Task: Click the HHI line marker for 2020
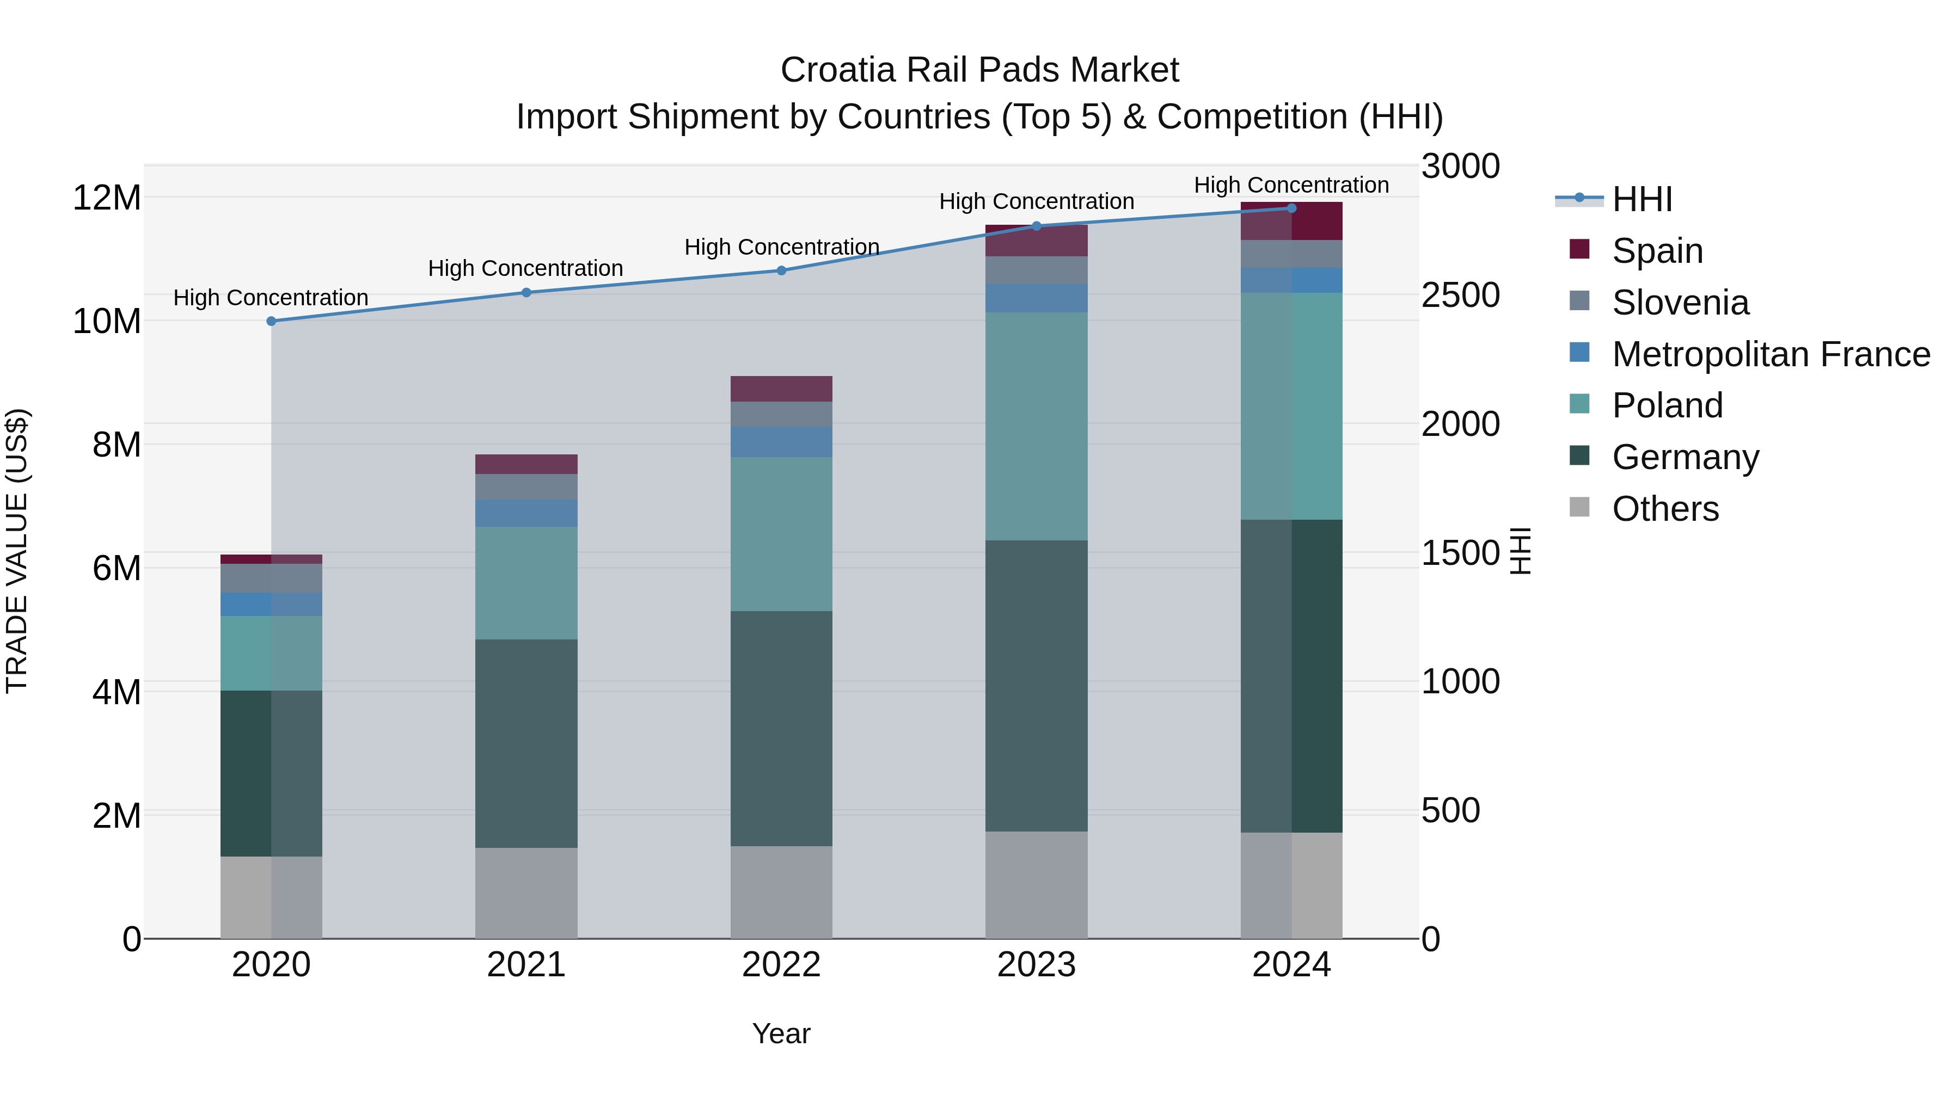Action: coord(271,321)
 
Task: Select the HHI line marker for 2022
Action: coord(781,271)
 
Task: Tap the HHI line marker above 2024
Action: coord(1291,208)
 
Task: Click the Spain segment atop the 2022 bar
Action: coord(781,389)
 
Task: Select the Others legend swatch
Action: coord(1579,507)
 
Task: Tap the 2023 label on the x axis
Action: coord(1036,965)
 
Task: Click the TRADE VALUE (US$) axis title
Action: coord(17,551)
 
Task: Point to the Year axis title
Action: coord(781,1033)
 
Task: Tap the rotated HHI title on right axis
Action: coord(1520,551)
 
